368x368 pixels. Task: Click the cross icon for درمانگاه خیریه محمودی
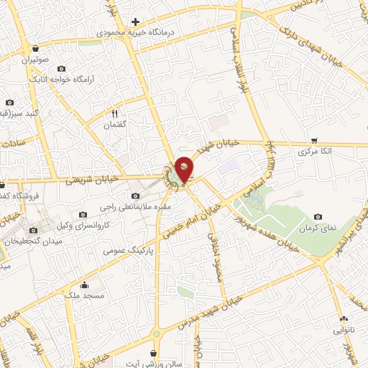(134, 22)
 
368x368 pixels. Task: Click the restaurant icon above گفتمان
(114, 113)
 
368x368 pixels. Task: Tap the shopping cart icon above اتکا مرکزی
(313, 140)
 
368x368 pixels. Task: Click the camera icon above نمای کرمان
(318, 216)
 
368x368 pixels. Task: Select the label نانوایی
(343, 331)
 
